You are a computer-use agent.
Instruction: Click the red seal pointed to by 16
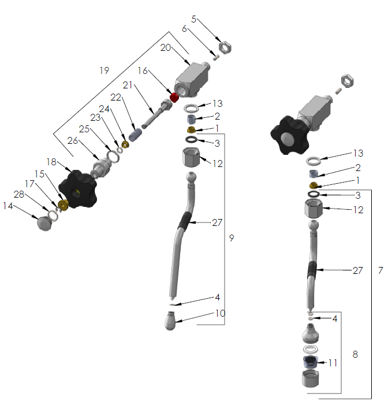(173, 95)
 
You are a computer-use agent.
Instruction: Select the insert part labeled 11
(311, 363)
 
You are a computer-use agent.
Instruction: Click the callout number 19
(104, 70)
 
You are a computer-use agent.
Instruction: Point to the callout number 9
(232, 238)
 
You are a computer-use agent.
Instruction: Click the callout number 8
(355, 354)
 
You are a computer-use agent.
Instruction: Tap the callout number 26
(72, 140)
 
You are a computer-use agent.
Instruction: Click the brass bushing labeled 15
(64, 205)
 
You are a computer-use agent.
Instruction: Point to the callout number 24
(105, 109)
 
